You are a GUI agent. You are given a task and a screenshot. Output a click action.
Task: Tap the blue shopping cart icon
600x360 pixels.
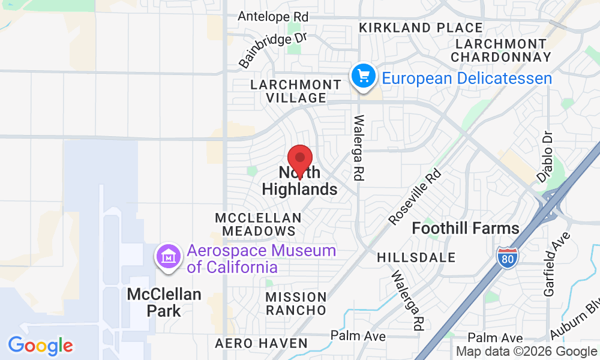[x=363, y=77]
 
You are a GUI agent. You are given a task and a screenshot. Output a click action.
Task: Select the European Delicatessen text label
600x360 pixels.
[x=467, y=78]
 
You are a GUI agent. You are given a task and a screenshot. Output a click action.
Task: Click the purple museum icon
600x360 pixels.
[x=169, y=257]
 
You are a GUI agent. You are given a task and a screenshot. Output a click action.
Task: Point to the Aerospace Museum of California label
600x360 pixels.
[x=261, y=259]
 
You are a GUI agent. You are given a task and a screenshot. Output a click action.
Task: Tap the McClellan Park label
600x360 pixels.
[x=164, y=302]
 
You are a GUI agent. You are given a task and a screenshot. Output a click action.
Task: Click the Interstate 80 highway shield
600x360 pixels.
[x=507, y=257]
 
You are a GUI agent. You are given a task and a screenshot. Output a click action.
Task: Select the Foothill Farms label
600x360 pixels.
[x=466, y=229]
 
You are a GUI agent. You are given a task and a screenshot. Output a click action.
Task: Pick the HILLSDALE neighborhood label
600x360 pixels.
[x=416, y=257]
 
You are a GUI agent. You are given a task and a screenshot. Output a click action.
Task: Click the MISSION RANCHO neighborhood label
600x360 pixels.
[x=296, y=304]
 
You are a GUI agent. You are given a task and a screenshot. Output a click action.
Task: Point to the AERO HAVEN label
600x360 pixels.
[x=261, y=344]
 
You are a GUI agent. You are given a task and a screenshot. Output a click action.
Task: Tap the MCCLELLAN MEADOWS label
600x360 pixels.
[x=258, y=224]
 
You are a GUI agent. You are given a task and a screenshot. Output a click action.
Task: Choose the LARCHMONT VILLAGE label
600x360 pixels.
[x=288, y=91]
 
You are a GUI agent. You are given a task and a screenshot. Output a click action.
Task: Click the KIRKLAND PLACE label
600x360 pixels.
[x=421, y=28]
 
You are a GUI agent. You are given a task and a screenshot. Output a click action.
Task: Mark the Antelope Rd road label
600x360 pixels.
[x=272, y=16]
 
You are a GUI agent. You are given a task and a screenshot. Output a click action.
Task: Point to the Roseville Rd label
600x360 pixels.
[x=415, y=196]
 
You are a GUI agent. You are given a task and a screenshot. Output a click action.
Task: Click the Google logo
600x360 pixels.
[x=40, y=346]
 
